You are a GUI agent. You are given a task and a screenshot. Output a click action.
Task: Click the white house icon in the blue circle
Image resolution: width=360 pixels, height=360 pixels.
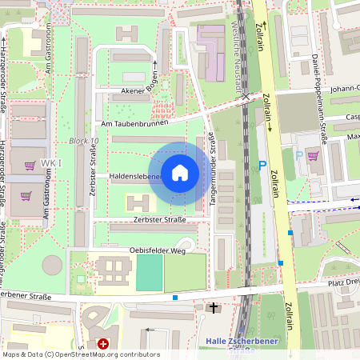point(180,173)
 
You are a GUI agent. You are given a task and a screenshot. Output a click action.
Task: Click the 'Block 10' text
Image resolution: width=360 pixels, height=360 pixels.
point(83,142)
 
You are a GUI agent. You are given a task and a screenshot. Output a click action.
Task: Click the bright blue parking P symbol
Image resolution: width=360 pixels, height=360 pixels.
point(262,166)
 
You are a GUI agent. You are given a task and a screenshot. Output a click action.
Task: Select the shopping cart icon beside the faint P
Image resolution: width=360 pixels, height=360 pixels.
point(312,157)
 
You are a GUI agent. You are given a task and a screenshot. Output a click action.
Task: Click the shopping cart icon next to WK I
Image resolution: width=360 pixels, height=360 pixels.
point(30,166)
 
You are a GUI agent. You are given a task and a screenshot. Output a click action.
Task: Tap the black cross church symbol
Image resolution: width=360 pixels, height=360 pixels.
point(213,307)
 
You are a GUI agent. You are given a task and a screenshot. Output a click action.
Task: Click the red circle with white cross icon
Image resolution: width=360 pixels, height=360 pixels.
point(102,344)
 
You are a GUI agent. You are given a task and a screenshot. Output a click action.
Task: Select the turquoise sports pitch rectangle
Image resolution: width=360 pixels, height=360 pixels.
point(148,273)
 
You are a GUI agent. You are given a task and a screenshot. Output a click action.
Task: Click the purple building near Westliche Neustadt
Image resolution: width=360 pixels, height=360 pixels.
point(213,53)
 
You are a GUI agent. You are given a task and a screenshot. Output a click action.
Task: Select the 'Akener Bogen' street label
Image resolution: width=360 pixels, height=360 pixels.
point(134,90)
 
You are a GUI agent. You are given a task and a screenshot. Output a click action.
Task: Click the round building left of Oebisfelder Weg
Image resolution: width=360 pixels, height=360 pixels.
point(52,266)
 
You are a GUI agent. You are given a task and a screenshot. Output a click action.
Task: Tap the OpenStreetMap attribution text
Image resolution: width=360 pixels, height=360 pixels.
point(80,354)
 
